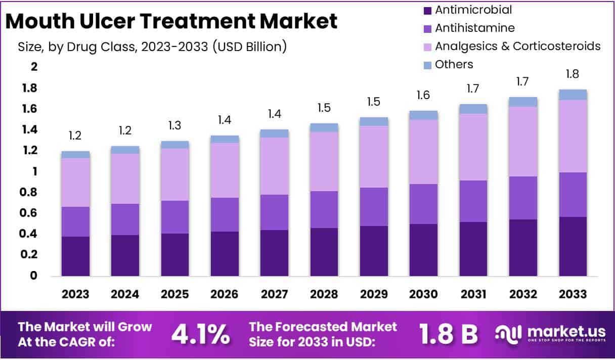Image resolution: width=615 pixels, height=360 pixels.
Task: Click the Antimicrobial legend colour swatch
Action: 427,10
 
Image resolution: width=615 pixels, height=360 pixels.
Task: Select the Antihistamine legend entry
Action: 474,28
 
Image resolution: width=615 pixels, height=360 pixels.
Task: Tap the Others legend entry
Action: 454,64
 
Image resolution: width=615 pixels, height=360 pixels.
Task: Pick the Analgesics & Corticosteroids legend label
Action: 517,46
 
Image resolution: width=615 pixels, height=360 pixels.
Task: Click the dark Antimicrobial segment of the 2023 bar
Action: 75,256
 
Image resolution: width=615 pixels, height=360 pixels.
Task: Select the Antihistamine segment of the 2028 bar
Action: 324,209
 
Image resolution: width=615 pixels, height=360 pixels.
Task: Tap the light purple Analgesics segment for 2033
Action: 573,136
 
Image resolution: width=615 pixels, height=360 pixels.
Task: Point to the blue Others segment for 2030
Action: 423,115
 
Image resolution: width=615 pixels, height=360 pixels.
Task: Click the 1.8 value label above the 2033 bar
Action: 573,74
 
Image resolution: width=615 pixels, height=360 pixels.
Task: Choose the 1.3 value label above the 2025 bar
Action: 175,125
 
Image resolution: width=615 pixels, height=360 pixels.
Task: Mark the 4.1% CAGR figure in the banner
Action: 200,334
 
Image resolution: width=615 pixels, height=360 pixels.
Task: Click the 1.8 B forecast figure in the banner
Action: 448,334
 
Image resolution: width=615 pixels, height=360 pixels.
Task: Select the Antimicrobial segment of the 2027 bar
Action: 275,253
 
